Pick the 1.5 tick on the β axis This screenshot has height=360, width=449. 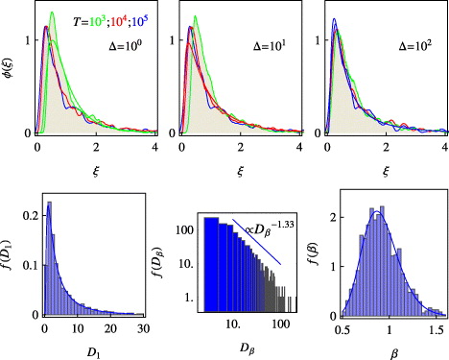435,329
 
